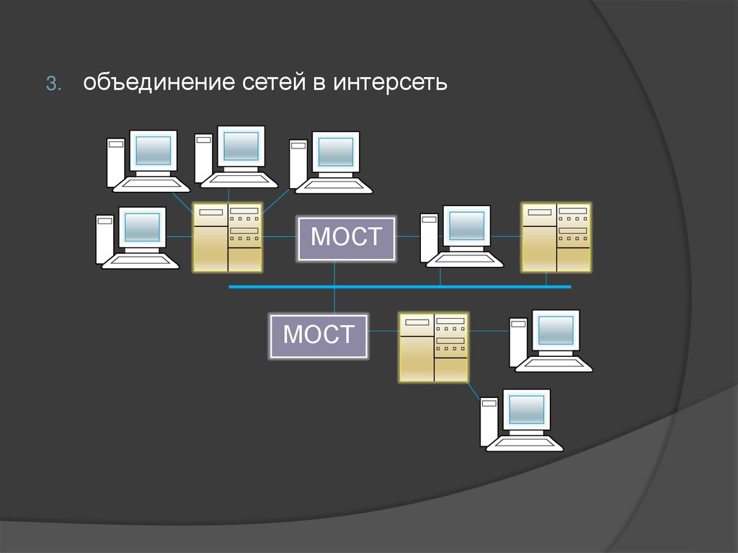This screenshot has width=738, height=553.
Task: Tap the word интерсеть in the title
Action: click(x=390, y=84)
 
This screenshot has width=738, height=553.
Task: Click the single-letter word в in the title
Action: click(x=319, y=84)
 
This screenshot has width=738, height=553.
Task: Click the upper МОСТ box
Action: click(x=347, y=237)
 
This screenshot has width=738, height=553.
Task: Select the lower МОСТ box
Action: click(x=319, y=335)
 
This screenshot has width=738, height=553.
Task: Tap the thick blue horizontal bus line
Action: click(x=400, y=286)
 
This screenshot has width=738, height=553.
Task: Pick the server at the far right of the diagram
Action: click(x=556, y=236)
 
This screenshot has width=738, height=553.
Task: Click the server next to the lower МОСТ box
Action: click(x=433, y=346)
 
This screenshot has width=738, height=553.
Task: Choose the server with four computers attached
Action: click(x=227, y=237)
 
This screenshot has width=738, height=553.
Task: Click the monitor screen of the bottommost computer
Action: click(x=527, y=410)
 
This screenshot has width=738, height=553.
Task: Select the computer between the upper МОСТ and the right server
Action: click(x=461, y=236)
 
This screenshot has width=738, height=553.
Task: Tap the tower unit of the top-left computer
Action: click(x=115, y=162)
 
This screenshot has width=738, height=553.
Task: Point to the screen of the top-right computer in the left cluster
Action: click(x=336, y=151)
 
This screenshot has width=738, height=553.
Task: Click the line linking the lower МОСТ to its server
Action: click(x=384, y=332)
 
